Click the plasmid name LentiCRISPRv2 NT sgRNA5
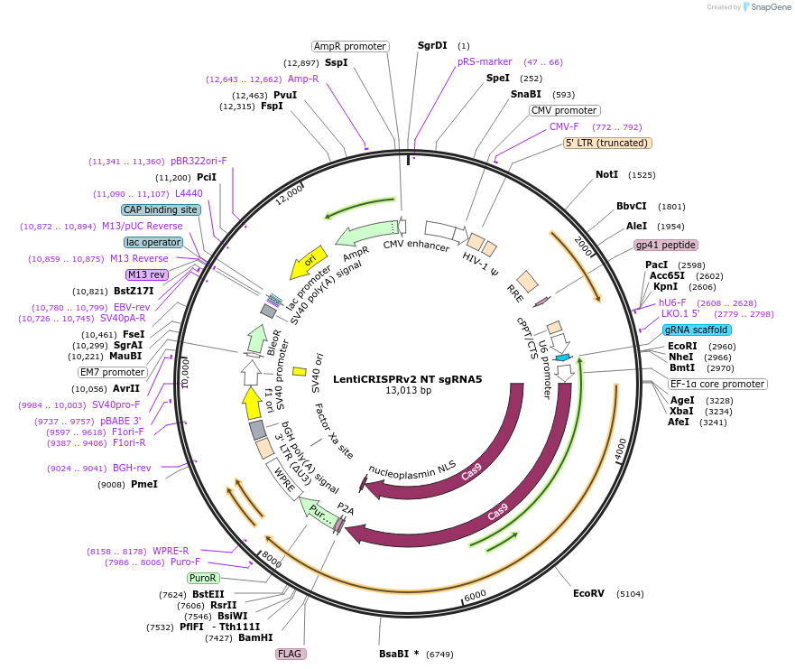[x=408, y=379]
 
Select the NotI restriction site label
[x=607, y=174]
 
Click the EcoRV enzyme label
[x=588, y=593]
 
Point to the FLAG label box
[x=290, y=654]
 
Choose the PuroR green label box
[x=203, y=578]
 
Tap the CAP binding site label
[x=161, y=209]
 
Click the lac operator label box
[x=153, y=242]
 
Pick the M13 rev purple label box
[x=147, y=274]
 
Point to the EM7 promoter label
[x=112, y=372]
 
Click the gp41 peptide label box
[x=666, y=245]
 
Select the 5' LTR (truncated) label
[x=607, y=143]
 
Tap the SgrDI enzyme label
[x=432, y=45]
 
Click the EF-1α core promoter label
[x=717, y=384]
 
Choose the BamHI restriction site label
[x=255, y=637]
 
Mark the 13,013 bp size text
[x=408, y=391]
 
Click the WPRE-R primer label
[x=171, y=551]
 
